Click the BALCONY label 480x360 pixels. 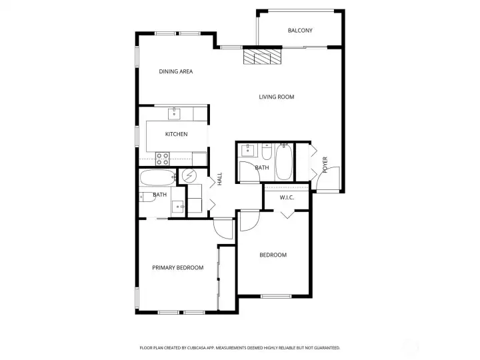coord(300,31)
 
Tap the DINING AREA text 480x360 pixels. coord(176,71)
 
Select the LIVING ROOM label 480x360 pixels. coord(277,97)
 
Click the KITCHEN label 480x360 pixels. coord(177,134)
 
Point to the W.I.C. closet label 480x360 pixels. coord(287,197)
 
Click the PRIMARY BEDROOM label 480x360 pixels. coord(177,268)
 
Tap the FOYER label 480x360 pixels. coord(325,165)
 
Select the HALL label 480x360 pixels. coord(219,179)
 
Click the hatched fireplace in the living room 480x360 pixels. coord(262,57)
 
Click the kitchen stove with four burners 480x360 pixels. coord(162,159)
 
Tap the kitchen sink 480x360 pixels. coord(175,113)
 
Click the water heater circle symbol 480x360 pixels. coord(190,176)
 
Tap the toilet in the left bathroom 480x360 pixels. coord(145,196)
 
